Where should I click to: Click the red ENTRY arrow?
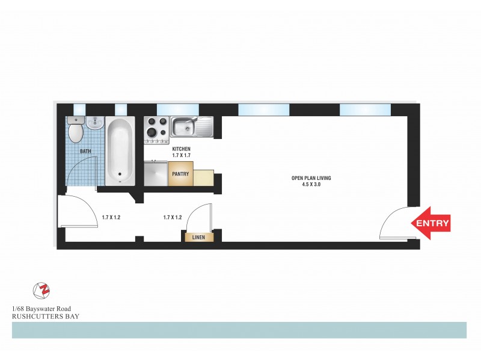tap(430, 223)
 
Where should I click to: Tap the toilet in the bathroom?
tap(76, 130)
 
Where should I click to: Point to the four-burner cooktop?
tap(156, 129)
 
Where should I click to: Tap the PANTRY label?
tap(180, 174)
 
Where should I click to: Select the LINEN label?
tap(199, 238)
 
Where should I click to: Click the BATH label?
tap(77, 152)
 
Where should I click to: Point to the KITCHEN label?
tap(182, 149)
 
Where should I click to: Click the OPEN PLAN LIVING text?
tap(311, 178)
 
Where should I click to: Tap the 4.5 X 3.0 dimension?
tap(311, 184)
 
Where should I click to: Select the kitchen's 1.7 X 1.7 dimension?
tap(182, 155)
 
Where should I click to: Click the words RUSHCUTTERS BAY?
tap(46, 315)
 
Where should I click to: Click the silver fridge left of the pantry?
tap(156, 174)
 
